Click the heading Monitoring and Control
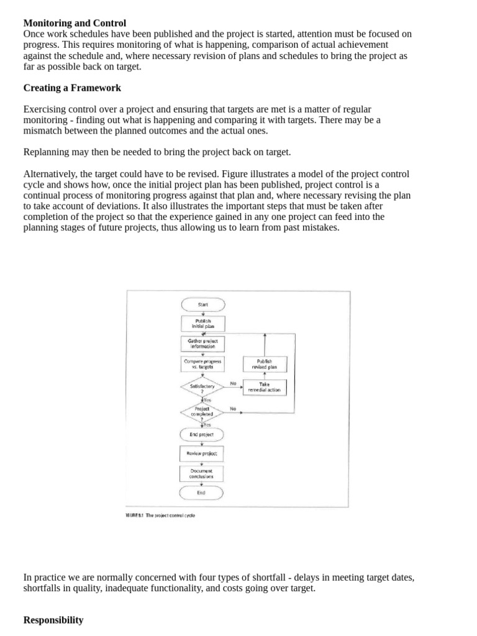point(75,23)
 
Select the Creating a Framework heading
point(72,88)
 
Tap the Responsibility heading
point(53,620)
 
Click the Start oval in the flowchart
point(202,304)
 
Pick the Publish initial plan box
point(202,324)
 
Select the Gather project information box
point(202,343)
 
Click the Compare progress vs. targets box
point(202,363)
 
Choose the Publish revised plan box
point(265,363)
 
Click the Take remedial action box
point(265,388)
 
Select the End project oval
point(202,435)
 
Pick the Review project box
point(202,453)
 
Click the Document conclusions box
point(202,473)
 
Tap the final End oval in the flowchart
point(202,493)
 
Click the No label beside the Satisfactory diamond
point(233,383)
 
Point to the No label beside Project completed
point(233,408)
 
